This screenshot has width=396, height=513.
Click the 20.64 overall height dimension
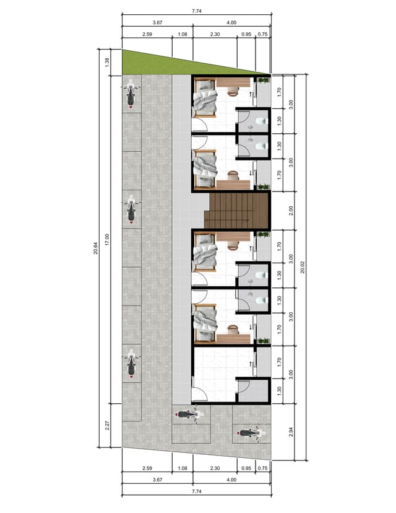coord(95,248)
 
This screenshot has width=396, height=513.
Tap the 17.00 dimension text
coord(107,239)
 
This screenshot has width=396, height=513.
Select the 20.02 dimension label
coord(303,267)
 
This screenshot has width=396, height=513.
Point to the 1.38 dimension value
coord(107,62)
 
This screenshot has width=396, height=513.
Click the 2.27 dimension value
coord(107,425)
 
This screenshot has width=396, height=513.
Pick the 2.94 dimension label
coord(291,432)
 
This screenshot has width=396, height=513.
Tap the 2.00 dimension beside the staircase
coord(291,211)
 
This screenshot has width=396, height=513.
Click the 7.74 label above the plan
coord(196,11)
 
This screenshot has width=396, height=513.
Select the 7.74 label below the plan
coord(196,491)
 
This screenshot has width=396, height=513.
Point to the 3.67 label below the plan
coord(157,480)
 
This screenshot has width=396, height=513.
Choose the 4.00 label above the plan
coord(231,22)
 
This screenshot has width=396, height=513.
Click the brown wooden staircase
coord(236,210)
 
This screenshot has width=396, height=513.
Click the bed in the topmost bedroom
coord(205,97)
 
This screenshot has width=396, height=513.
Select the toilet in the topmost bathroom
coord(260,121)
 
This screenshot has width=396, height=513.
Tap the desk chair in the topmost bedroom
coord(233,91)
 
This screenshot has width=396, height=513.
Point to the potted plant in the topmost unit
coord(263,80)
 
